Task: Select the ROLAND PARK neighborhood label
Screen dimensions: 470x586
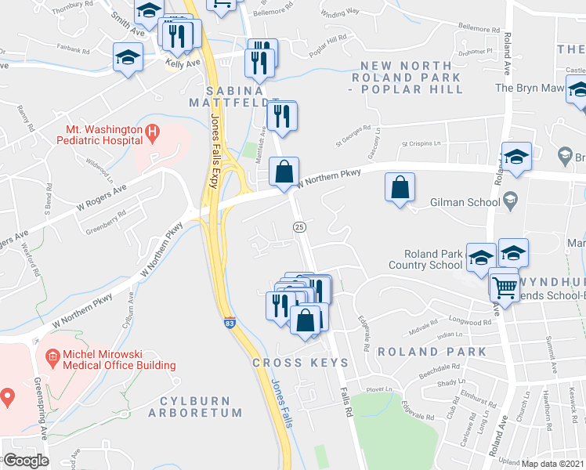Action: coord(432,352)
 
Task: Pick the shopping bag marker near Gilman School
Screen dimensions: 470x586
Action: coord(400,188)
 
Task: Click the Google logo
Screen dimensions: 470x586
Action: coord(25,461)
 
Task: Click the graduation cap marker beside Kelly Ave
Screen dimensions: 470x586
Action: coord(128,58)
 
